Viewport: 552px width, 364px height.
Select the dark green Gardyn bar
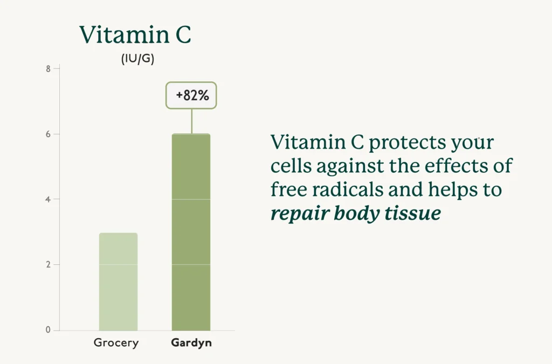point(191,232)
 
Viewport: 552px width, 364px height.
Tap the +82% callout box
point(191,96)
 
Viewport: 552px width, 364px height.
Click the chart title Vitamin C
point(135,34)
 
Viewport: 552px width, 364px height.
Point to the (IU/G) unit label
point(137,59)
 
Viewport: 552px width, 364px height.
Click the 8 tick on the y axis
point(49,69)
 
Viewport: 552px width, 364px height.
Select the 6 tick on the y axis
point(49,134)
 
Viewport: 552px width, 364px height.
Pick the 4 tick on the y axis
point(49,199)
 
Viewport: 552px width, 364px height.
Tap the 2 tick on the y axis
point(49,265)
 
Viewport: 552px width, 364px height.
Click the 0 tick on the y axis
point(49,330)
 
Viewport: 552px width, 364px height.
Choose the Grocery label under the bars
point(116,343)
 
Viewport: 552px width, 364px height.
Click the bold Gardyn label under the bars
point(191,343)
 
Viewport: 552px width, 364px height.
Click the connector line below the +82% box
point(191,121)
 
